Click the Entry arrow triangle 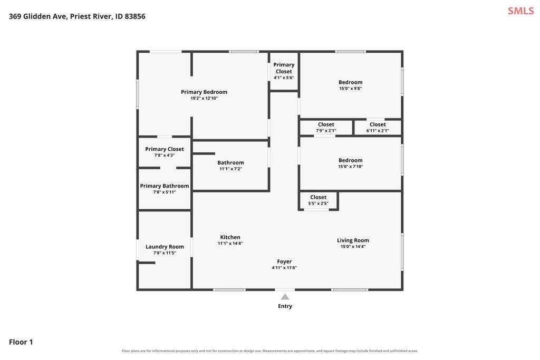(x=285, y=297)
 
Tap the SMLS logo (x=520, y=11)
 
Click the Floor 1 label (x=21, y=342)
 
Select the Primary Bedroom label (x=204, y=92)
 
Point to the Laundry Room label (x=165, y=247)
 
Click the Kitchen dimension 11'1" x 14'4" (x=230, y=244)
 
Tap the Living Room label (x=353, y=240)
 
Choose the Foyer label (x=284, y=261)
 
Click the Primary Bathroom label (x=165, y=186)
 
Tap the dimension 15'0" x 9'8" (x=351, y=89)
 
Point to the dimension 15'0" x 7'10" (x=351, y=167)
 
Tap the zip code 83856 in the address (x=135, y=16)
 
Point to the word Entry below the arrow (x=285, y=306)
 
